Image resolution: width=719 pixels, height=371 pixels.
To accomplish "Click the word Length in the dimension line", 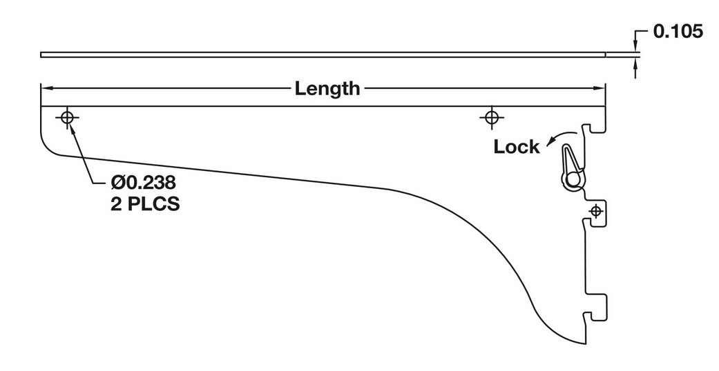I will click(327, 88).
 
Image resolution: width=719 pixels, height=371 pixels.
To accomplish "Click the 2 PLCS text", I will click(145, 205).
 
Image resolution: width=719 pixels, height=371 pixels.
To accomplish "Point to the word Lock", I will click(516, 146).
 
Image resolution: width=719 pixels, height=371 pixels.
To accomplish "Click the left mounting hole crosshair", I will click(67, 118).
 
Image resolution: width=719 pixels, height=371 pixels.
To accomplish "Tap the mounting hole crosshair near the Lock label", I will click(490, 118).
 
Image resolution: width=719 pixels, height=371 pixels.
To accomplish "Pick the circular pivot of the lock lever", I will click(572, 179).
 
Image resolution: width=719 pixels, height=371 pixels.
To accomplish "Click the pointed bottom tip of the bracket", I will click(584, 343).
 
